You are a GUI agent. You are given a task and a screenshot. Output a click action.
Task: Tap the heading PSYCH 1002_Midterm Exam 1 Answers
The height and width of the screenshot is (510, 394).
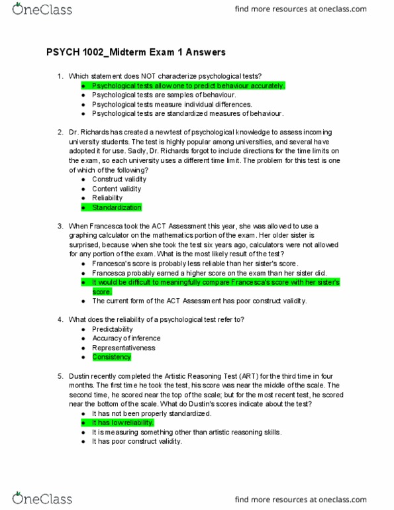(x=136, y=52)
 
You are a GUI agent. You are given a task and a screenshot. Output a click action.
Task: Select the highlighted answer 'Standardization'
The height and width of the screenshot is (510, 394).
(x=117, y=207)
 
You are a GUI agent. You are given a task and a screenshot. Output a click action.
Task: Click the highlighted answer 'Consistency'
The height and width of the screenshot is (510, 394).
(x=111, y=357)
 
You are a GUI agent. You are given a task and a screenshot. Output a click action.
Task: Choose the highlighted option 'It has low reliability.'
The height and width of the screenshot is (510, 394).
(x=124, y=423)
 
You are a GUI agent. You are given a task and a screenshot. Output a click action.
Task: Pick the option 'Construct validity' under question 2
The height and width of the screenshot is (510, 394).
(x=121, y=179)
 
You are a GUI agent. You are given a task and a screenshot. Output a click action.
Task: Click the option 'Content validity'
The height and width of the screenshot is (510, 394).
(x=117, y=189)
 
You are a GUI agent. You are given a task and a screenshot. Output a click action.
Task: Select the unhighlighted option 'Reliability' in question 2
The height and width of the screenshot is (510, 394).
(x=107, y=198)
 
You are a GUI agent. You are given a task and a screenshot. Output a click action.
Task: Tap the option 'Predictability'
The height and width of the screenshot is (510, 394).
(x=113, y=329)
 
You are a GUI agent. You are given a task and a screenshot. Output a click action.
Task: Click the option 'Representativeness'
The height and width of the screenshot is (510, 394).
(x=124, y=348)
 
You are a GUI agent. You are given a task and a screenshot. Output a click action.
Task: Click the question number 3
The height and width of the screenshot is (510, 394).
(x=61, y=226)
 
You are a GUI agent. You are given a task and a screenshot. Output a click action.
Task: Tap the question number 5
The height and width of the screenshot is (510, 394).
(x=61, y=376)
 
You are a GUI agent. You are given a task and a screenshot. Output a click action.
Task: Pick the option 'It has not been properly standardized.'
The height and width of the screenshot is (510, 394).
(x=152, y=413)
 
